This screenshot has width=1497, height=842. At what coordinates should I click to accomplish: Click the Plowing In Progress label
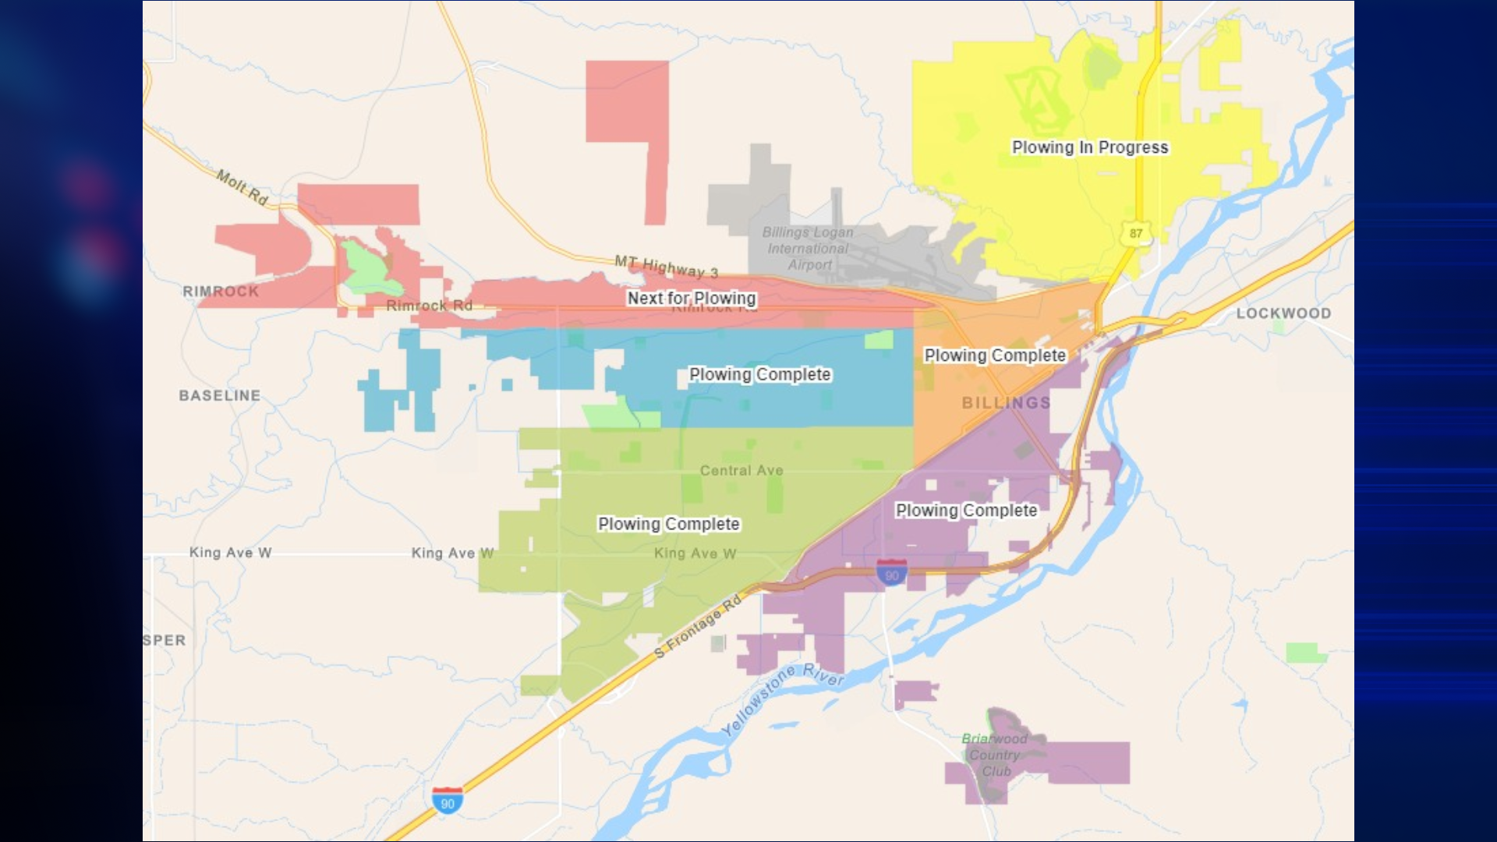1089,147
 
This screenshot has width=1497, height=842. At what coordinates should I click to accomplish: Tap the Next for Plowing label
692,299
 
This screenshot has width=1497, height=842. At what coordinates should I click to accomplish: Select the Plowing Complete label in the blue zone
759,375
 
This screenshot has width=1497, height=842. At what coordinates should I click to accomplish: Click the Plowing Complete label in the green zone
668,525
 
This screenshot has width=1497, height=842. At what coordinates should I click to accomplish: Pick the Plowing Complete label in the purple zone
966,511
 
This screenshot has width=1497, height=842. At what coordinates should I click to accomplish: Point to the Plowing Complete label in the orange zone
994,356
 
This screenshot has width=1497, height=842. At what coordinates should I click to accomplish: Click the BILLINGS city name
1006,403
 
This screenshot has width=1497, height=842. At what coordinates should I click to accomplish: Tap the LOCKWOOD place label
1283,313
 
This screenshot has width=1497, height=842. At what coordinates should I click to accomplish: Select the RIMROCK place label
221,292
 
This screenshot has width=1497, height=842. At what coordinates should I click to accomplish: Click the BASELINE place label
220,396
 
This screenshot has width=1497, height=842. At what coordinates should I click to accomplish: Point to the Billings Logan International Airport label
808,249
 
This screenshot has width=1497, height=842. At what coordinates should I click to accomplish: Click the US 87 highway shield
1136,233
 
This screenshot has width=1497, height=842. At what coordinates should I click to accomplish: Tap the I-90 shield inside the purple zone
891,573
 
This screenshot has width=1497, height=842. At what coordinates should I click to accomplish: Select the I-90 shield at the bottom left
448,801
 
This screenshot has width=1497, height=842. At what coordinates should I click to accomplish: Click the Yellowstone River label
781,700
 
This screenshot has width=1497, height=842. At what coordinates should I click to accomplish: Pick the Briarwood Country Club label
994,755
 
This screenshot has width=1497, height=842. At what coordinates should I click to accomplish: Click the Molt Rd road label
242,188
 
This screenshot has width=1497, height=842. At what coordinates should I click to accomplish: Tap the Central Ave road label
741,471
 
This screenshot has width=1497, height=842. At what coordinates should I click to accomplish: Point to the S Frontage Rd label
698,627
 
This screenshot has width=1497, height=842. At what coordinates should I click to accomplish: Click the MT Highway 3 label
666,267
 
